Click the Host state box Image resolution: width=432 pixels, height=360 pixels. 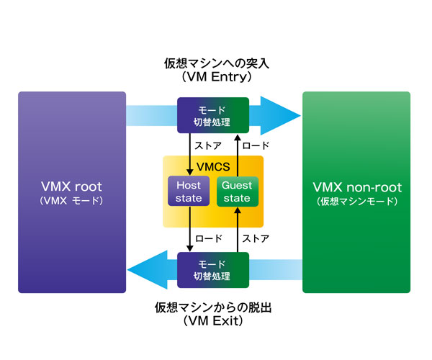tap(189, 191)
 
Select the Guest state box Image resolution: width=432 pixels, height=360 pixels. tap(236, 191)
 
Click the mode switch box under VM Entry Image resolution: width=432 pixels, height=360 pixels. tap(213, 115)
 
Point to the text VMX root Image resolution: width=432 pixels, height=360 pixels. tap(71, 187)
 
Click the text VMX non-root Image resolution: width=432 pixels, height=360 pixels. tap(357, 187)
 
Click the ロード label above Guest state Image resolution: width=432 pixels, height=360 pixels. tap(256, 144)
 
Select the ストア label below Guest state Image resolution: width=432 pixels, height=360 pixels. tap(256, 236)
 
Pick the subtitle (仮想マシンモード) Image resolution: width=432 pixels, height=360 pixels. tap(357, 202)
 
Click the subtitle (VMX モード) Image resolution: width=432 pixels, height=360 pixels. tap(71, 202)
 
